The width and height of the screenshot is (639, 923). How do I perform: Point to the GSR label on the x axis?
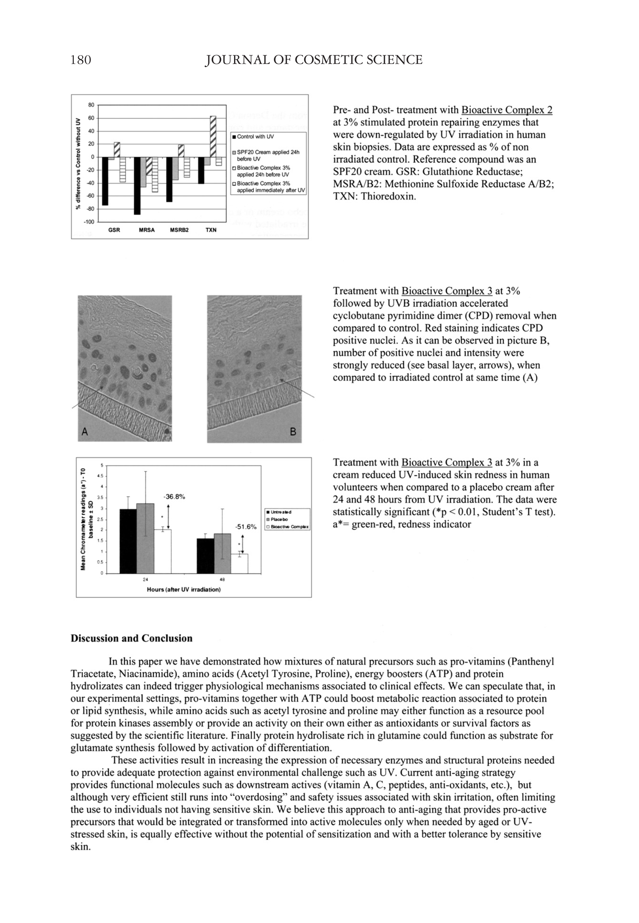click(114, 230)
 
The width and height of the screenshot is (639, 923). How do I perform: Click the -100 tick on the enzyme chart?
click(89, 222)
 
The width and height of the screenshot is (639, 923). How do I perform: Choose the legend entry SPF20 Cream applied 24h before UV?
click(267, 155)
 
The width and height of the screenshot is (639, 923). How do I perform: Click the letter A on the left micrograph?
click(84, 431)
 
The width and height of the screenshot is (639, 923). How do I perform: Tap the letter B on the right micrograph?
click(293, 432)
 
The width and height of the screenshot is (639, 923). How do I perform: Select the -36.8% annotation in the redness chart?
click(174, 497)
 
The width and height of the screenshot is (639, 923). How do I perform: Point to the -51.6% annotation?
click(245, 527)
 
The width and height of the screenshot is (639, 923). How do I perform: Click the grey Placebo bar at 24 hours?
click(145, 538)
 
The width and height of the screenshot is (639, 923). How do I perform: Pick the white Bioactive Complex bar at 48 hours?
click(239, 564)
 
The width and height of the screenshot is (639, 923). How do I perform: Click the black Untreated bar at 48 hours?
click(205, 556)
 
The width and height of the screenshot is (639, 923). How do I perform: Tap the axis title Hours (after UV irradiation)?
click(184, 590)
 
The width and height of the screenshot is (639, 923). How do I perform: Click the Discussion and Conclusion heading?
click(131, 639)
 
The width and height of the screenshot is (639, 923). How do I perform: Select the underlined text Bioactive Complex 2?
click(507, 110)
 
